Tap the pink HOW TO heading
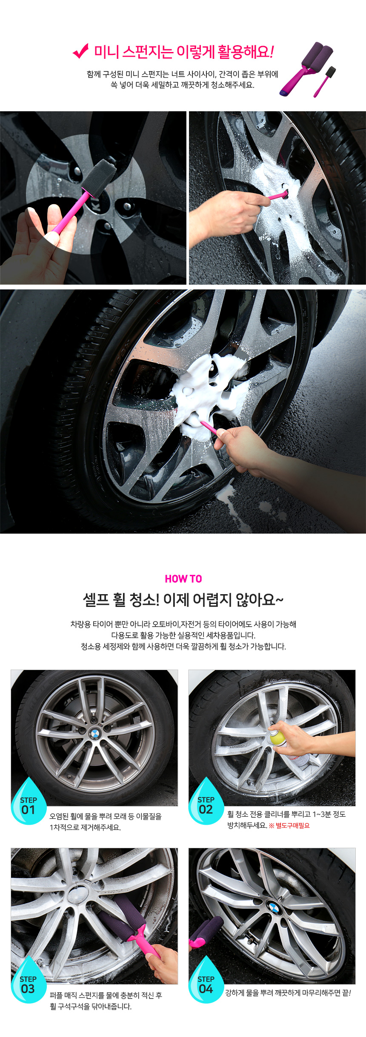pyautogui.click(x=183, y=579)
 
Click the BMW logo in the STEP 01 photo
pyautogui.click(x=94, y=734)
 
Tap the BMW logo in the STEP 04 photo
pyautogui.click(x=274, y=907)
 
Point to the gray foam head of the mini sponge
pyautogui.click(x=99, y=176)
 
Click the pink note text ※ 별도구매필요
pyautogui.click(x=289, y=826)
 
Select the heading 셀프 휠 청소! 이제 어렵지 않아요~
pyautogui.click(x=183, y=600)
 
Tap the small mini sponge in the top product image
pyautogui.click(x=325, y=81)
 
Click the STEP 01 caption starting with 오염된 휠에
pyautogui.click(x=106, y=822)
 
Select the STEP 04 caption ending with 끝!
pyautogui.click(x=288, y=993)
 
